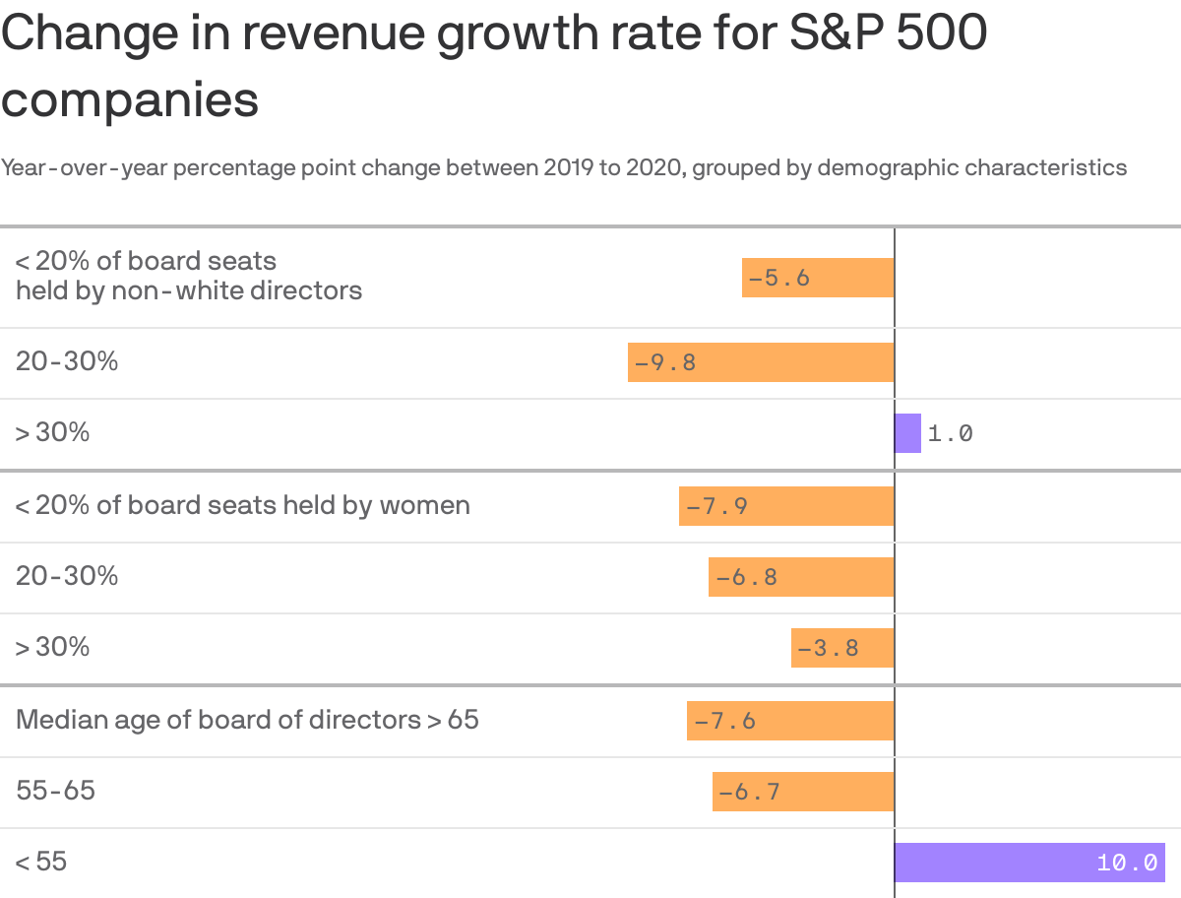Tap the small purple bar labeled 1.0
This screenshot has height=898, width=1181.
[x=907, y=433]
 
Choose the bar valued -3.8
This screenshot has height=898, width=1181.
[x=842, y=648]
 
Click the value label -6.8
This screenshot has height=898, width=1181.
[x=747, y=577]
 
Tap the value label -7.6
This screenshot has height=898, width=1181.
[x=725, y=721]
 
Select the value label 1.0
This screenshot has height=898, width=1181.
[x=950, y=433]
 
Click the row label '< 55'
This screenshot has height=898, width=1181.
[x=41, y=862]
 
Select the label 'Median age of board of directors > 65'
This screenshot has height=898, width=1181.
[x=247, y=720]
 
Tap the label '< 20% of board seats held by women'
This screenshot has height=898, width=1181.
[x=242, y=505]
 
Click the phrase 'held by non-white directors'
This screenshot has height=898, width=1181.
[x=189, y=291]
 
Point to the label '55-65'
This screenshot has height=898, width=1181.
[x=55, y=791]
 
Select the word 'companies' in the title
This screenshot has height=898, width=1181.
[x=130, y=99]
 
